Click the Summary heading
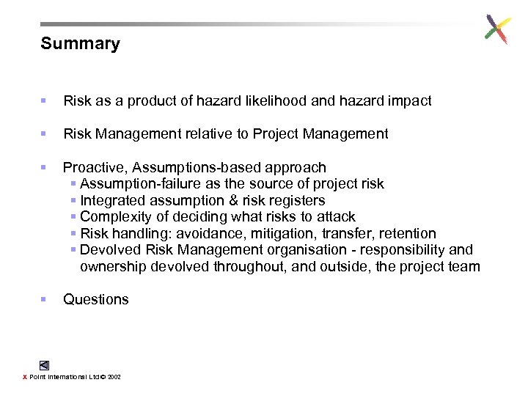click(x=80, y=44)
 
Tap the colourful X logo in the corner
click(x=498, y=29)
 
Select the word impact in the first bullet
click(x=409, y=101)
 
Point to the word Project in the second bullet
click(x=282, y=133)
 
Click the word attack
click(x=336, y=216)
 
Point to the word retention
click(x=407, y=233)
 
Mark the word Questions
click(x=96, y=299)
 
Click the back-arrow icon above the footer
click(x=45, y=364)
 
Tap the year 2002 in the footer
click(x=114, y=377)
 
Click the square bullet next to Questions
click(x=44, y=299)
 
